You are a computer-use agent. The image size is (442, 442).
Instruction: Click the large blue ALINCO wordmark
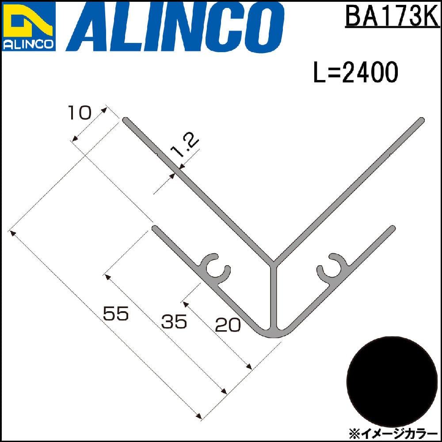tap(175, 27)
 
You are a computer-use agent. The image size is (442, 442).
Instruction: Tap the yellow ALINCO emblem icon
tap(28, 21)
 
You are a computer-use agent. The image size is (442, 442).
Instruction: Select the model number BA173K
tap(392, 16)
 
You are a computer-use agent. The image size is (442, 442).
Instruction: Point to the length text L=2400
tap(356, 72)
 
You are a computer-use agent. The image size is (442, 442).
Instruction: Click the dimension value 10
tap(80, 113)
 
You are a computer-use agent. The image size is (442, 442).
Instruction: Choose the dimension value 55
tap(116, 313)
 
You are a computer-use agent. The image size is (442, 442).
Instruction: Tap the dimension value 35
tap(174, 321)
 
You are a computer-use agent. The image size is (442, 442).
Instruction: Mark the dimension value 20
tap(228, 325)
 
